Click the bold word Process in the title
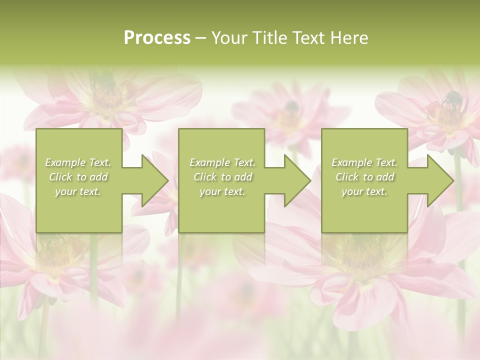point(157,38)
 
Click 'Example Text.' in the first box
point(78,162)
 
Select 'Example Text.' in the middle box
point(222,162)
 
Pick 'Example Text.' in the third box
point(364,162)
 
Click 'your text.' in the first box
point(78,191)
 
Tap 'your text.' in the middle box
point(222,191)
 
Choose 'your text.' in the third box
point(364,191)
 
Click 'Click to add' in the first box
point(78,177)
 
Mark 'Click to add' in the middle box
point(222,177)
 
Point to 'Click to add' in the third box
point(365,177)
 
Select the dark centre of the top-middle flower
point(291,106)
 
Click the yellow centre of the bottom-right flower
point(360,250)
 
